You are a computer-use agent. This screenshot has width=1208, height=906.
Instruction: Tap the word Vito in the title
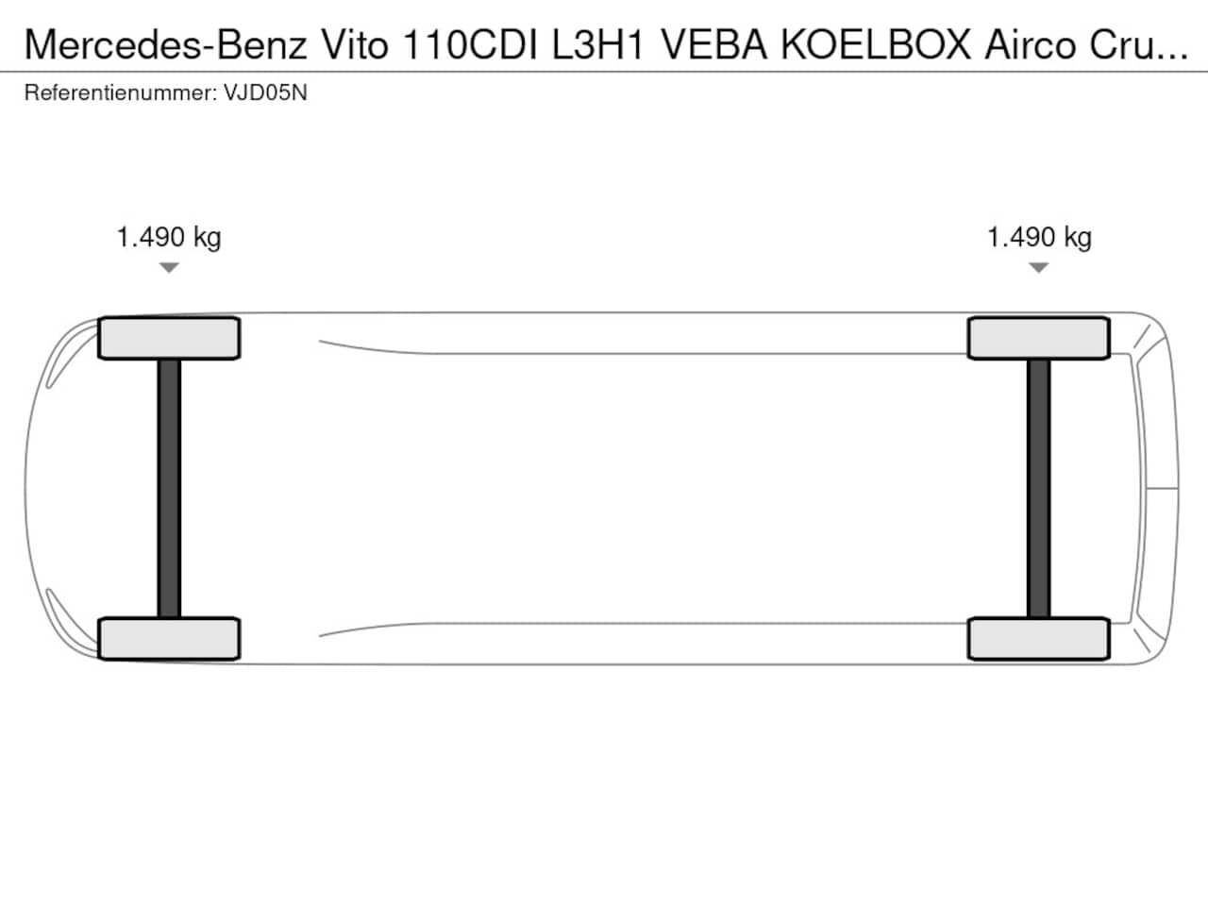tap(355, 44)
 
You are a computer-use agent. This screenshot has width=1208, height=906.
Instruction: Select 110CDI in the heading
tap(470, 44)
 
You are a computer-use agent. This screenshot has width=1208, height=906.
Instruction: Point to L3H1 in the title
tap(597, 44)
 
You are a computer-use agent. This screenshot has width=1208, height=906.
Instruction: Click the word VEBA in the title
tap(713, 44)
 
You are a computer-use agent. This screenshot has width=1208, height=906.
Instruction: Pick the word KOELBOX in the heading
tap(876, 44)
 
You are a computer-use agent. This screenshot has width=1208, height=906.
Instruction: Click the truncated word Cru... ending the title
tap(1139, 44)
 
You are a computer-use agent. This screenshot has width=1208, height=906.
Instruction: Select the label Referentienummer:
tap(121, 92)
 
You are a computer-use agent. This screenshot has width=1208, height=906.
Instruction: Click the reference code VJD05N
tap(265, 92)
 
